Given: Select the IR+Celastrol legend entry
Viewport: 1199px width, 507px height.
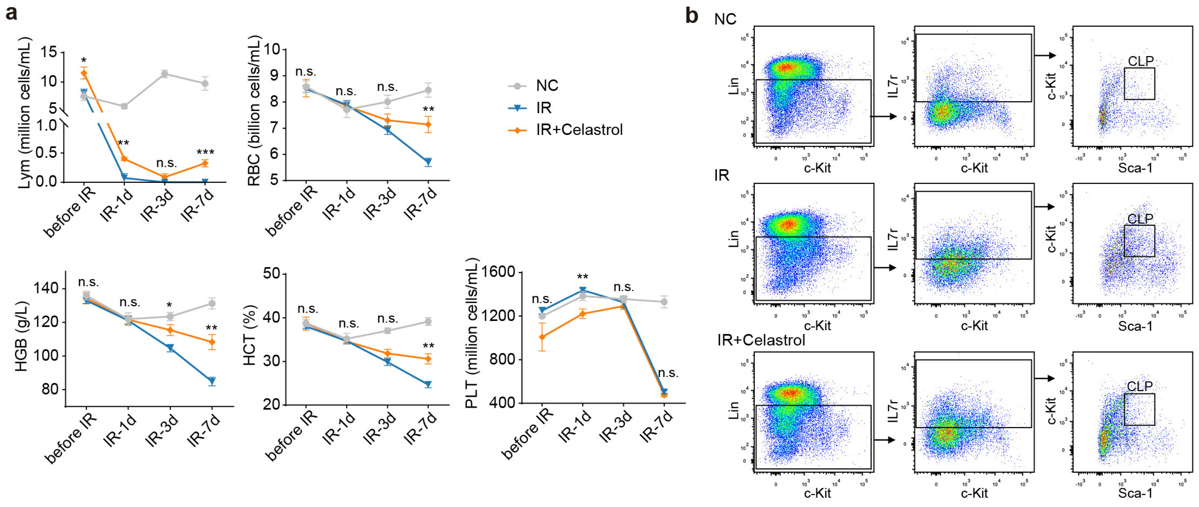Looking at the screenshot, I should [579, 130].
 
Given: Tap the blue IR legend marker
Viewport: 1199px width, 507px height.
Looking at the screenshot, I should [517, 108].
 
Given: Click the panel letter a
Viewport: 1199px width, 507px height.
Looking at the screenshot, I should [11, 13].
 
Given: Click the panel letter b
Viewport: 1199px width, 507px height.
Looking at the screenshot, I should [692, 16].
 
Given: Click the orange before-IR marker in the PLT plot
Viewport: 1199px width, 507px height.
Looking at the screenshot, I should [542, 336].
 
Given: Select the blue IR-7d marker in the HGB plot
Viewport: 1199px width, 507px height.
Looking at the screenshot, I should [212, 381].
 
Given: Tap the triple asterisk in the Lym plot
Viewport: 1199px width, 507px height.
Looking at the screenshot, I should [205, 152].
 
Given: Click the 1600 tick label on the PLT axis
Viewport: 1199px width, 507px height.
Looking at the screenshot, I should [498, 272].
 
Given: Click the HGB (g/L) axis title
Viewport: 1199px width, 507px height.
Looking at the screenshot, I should [21, 336].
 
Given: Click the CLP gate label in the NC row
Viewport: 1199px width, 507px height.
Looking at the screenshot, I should [1140, 61].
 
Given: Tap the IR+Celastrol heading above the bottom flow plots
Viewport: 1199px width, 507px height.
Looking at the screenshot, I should [761, 340].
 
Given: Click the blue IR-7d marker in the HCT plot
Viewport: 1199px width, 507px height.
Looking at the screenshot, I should [428, 384].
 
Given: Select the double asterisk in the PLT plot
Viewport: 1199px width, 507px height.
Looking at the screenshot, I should [582, 277].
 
